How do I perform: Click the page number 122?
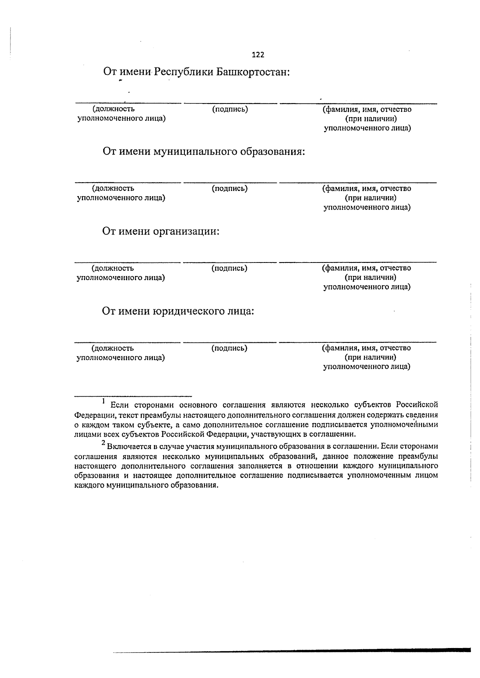(258, 55)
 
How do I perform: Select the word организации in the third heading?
(187, 231)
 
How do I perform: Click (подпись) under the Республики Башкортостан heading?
(230, 109)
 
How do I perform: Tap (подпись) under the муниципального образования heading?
(230, 188)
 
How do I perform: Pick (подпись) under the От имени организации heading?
(230, 268)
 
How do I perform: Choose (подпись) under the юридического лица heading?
(230, 348)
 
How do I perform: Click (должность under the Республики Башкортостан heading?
(114, 109)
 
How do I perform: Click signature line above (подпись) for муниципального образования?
(230, 183)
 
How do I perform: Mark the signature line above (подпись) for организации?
(230, 262)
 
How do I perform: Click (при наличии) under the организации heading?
(371, 277)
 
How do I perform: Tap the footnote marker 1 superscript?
(104, 401)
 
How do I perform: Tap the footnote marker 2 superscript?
(104, 443)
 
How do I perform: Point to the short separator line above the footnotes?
(133, 396)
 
